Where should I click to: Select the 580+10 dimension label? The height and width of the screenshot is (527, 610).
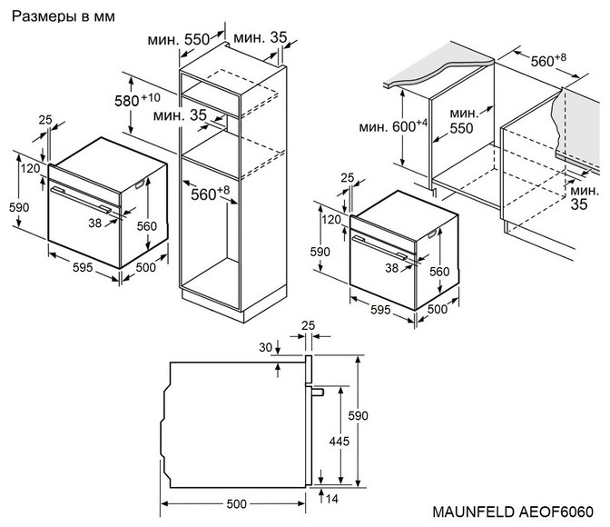(137, 99)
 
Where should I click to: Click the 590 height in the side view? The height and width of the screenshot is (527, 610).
(359, 414)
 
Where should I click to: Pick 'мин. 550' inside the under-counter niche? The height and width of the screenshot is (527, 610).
(462, 121)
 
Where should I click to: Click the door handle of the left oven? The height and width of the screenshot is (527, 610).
(82, 200)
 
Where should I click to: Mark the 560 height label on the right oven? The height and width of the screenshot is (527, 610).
(438, 272)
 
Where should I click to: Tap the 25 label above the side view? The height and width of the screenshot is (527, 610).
(308, 324)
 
